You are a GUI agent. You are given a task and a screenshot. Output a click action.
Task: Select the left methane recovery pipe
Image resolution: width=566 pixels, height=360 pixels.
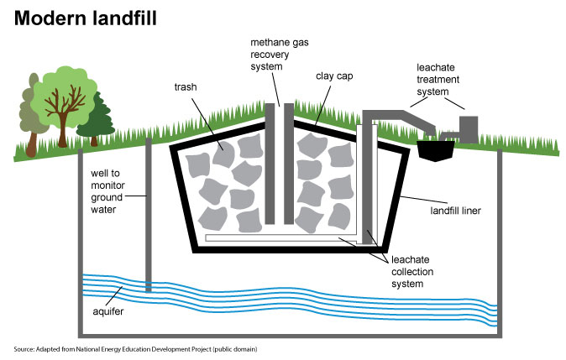coord(270,164)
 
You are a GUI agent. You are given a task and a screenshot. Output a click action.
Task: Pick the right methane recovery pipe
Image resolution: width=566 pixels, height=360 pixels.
coord(287,164)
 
